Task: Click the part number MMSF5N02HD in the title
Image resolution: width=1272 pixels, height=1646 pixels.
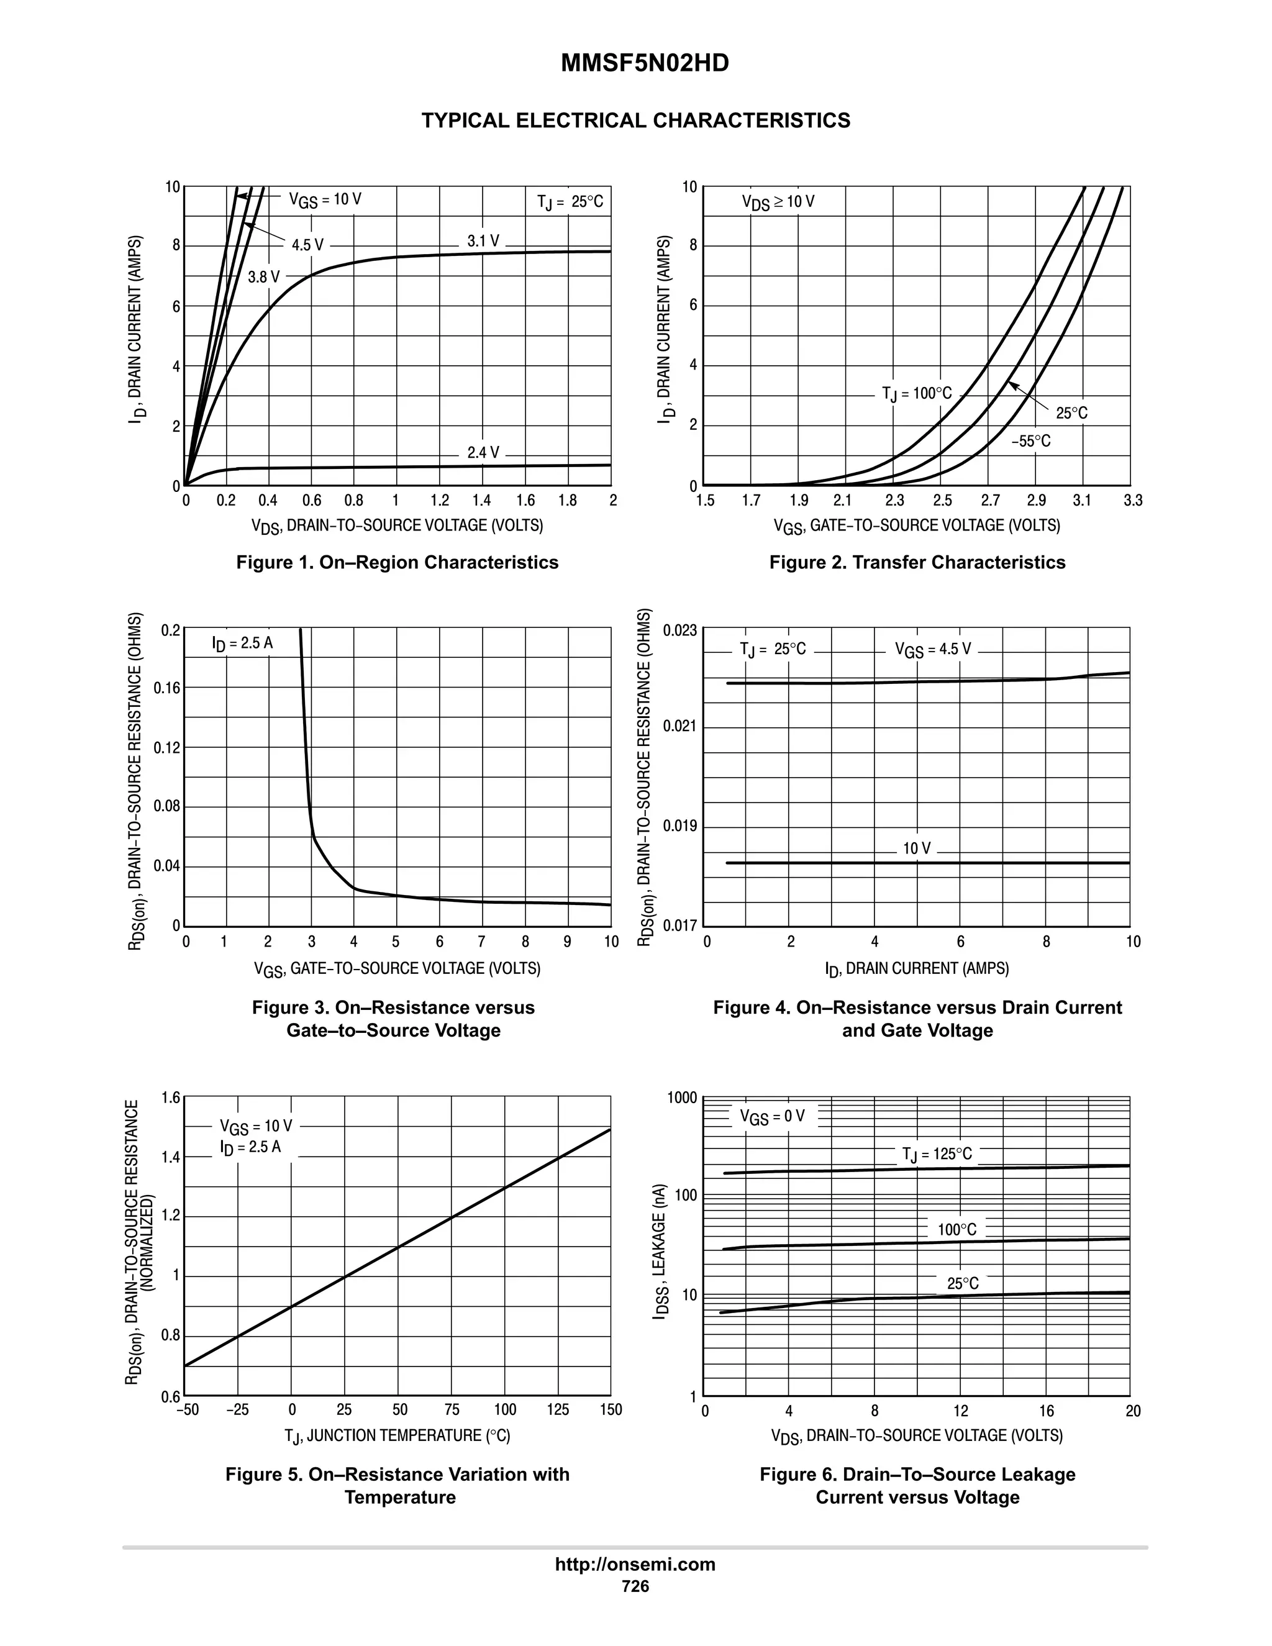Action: click(644, 64)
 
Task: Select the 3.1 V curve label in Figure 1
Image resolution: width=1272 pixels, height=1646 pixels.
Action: click(483, 240)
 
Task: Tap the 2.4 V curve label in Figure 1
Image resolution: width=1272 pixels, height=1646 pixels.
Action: click(483, 452)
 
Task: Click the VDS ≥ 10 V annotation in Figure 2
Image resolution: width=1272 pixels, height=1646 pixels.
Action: click(778, 202)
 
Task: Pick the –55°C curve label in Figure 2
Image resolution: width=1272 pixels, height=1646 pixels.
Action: click(1030, 441)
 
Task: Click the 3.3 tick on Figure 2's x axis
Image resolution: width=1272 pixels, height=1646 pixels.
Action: click(1132, 501)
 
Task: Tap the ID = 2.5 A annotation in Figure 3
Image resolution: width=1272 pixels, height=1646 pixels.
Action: click(242, 643)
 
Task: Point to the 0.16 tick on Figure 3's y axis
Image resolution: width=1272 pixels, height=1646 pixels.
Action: click(166, 688)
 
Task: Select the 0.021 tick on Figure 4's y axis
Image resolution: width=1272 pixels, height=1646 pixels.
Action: click(679, 727)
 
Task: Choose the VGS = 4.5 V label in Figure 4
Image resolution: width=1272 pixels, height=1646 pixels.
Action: click(932, 649)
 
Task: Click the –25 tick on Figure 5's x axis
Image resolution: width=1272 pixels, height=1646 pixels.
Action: click(237, 1409)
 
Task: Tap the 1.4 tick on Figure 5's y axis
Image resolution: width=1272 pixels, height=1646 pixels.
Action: click(171, 1157)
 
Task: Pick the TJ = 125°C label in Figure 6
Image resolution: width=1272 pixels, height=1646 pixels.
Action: click(937, 1155)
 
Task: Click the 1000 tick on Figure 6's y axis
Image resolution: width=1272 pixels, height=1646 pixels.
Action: click(682, 1098)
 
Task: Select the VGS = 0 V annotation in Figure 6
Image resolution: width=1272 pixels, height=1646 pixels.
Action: click(771, 1116)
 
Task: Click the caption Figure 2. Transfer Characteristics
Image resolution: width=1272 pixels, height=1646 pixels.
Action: click(917, 562)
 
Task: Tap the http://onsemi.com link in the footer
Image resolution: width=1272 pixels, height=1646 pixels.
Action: click(635, 1564)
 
